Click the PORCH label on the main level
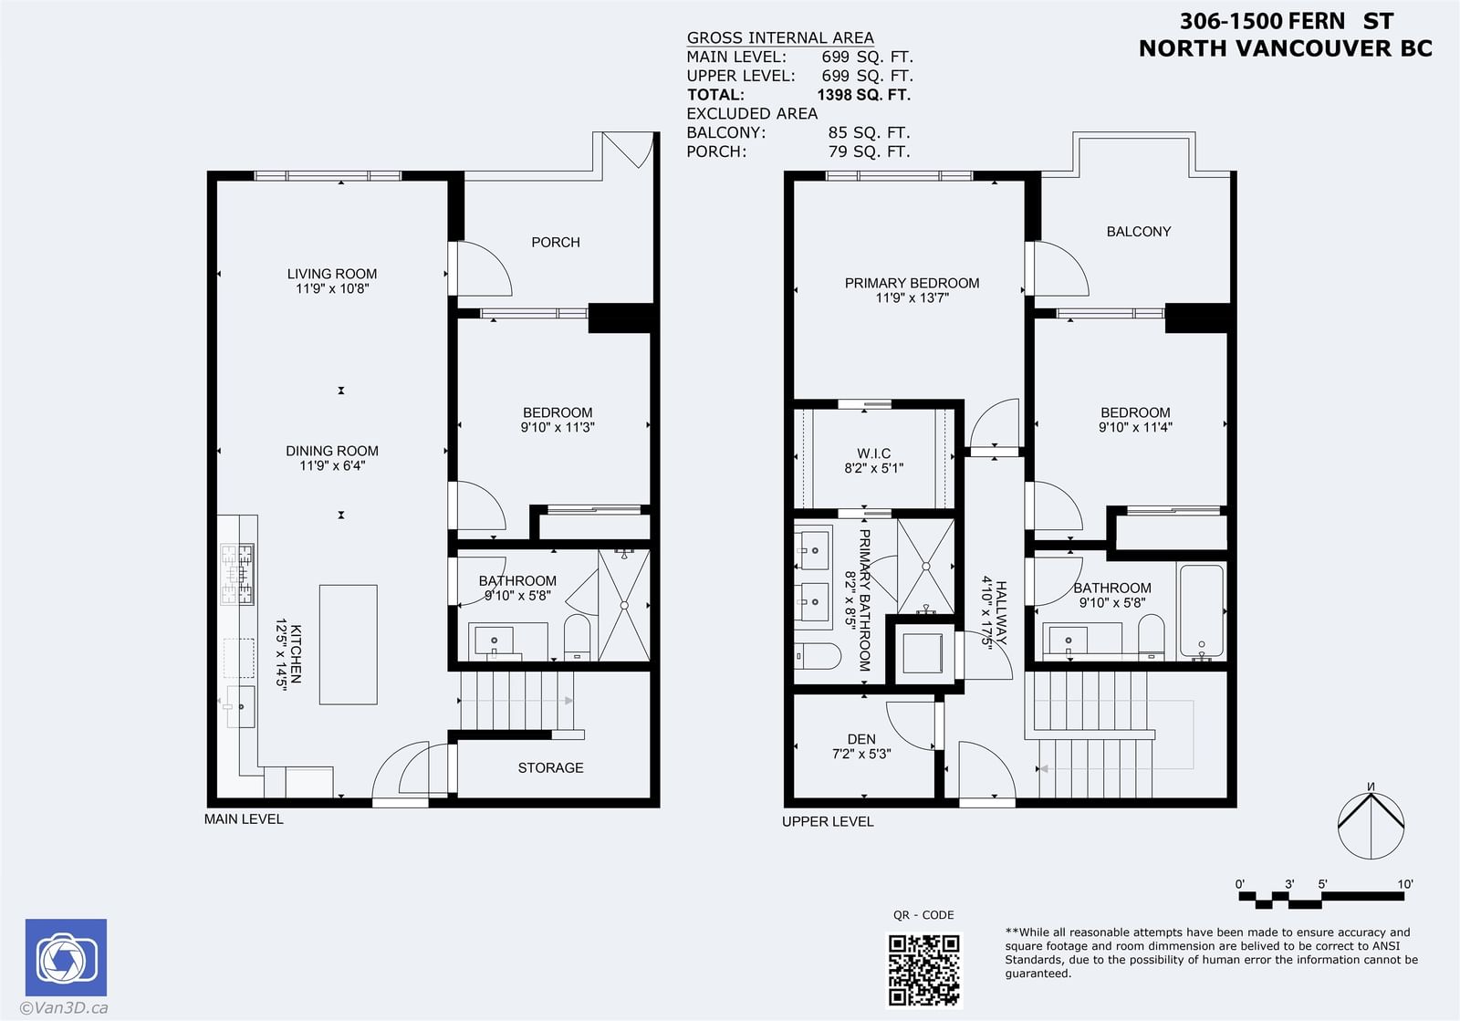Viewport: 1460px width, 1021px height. [x=556, y=243]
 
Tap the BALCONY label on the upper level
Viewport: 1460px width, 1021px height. [x=1138, y=232]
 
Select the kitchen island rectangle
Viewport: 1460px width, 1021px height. [x=348, y=644]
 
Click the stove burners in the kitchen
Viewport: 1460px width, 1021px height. [x=237, y=574]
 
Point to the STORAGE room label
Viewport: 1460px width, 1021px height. [x=550, y=767]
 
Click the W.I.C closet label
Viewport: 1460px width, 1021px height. [x=873, y=453]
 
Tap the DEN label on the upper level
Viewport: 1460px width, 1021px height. [x=861, y=739]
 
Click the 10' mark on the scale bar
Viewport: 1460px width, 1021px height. [x=1404, y=884]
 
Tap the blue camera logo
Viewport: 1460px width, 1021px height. [x=66, y=957]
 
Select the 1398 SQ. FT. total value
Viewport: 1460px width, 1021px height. [x=863, y=95]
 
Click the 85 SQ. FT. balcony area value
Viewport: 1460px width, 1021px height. [x=869, y=132]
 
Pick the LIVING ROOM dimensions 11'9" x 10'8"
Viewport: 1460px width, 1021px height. [x=332, y=288]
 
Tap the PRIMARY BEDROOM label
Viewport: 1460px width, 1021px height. [x=912, y=283]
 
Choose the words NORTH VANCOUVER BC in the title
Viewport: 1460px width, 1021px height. [x=1286, y=48]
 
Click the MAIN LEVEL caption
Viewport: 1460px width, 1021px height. [x=244, y=819]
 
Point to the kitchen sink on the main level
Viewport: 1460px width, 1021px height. [x=240, y=706]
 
